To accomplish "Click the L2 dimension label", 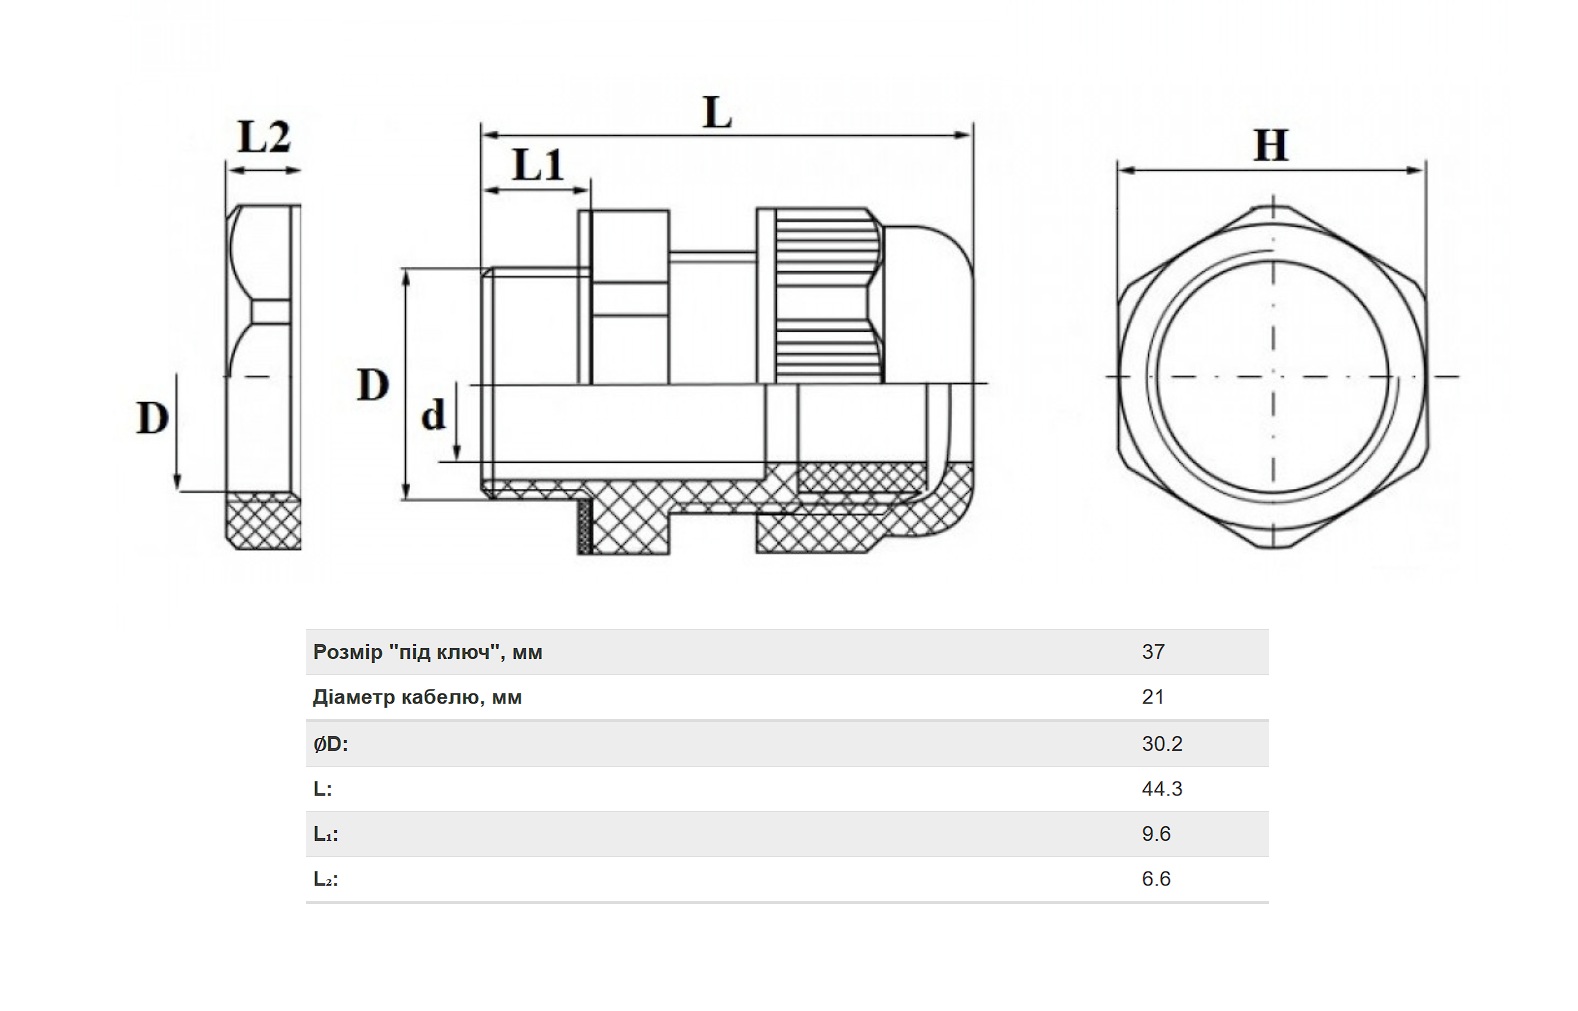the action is [x=264, y=137].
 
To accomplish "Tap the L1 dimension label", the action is [x=538, y=165].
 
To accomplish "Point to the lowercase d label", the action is [x=433, y=414].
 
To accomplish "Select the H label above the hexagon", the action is [x=1271, y=146].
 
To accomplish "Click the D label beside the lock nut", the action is [x=153, y=417].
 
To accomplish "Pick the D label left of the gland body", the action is [x=373, y=385].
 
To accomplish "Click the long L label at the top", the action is [x=718, y=113].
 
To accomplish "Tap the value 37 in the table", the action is [x=1153, y=652].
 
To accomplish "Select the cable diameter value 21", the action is [x=1153, y=697].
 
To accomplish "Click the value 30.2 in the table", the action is [x=1162, y=743].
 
